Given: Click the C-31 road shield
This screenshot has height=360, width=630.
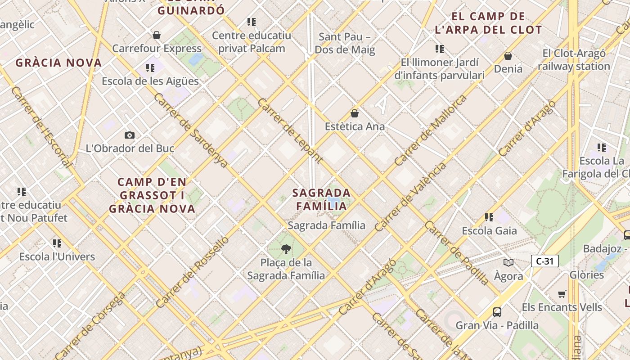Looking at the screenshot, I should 544,261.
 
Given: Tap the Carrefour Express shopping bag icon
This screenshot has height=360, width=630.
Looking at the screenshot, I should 157,35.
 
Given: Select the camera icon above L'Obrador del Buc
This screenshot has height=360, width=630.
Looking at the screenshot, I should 130,135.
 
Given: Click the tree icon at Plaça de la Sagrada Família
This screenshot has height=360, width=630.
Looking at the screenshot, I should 286,249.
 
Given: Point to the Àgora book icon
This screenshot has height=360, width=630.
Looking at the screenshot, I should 508,262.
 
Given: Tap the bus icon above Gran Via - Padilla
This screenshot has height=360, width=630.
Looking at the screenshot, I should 497,312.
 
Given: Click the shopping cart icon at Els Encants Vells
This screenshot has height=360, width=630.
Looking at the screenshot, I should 562,294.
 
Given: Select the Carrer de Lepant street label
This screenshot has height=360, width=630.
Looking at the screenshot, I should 290,130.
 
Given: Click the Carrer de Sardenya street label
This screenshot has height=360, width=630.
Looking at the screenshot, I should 191,130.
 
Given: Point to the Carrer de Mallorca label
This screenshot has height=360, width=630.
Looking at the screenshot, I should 431,130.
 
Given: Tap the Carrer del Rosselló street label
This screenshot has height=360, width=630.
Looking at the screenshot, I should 192,273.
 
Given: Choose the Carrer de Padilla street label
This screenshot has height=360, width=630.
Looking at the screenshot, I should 457,253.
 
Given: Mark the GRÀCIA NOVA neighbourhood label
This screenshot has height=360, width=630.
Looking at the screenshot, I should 58,63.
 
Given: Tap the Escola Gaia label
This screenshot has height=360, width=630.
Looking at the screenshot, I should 489,231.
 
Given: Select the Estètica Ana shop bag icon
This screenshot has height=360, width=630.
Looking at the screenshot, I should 355,113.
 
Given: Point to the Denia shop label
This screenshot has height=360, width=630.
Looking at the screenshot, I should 508,69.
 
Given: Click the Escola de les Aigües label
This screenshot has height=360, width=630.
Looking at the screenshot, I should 150,81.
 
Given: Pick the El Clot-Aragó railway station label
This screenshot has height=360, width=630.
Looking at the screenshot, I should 574,60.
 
